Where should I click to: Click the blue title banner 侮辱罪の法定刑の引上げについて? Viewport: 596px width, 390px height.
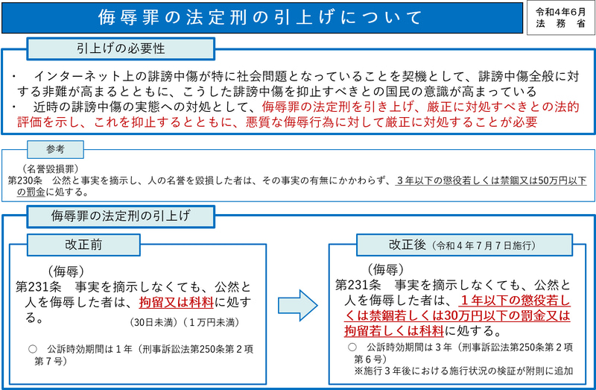point(262,17)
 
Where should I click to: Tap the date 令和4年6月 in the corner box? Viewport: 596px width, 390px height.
point(561,12)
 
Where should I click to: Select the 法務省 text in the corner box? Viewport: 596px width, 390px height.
point(561,24)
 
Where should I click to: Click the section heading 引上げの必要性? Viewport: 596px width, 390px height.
point(121,48)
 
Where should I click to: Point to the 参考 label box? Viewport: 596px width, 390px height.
point(55,150)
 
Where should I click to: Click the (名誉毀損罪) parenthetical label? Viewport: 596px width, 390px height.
point(50,169)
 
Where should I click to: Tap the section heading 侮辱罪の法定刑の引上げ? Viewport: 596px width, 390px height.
point(121,216)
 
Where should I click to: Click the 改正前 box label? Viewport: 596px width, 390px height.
point(83,245)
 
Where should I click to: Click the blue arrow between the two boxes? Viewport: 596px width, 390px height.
point(297,305)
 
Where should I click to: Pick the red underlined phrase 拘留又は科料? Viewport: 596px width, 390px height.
point(177,303)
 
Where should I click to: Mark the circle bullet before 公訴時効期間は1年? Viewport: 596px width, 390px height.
point(33,349)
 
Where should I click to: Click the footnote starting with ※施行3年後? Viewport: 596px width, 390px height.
point(463,371)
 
